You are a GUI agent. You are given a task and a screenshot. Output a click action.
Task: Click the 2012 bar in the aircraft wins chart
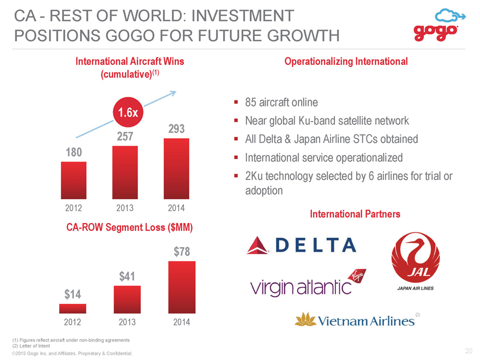[74, 181]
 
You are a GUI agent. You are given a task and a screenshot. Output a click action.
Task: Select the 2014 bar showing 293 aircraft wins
[176, 169]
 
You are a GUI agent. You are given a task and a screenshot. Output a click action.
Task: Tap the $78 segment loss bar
[182, 287]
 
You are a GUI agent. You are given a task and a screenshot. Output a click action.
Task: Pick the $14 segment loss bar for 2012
[73, 309]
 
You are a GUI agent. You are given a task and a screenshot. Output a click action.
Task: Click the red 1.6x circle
[128, 112]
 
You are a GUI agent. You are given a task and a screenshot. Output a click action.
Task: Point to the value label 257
[125, 136]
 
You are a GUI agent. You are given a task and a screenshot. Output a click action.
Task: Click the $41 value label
[127, 277]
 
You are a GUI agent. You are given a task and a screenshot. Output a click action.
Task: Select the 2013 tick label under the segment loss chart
[127, 322]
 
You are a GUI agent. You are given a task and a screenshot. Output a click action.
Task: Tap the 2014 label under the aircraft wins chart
[176, 208]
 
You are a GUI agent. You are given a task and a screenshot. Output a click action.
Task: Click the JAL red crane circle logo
[416, 256]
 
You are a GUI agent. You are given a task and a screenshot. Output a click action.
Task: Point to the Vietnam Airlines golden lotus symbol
[305, 320]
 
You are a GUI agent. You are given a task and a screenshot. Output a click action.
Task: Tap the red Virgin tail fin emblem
[358, 277]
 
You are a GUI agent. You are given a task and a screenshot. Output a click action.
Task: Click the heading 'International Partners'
[355, 214]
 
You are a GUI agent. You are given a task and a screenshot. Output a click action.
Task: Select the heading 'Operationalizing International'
[346, 62]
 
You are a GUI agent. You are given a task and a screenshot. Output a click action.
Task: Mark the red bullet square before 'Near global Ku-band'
[236, 121]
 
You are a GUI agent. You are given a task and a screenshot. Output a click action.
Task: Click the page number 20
[469, 351]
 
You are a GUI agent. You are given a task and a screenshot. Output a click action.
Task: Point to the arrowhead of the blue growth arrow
[175, 92]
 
